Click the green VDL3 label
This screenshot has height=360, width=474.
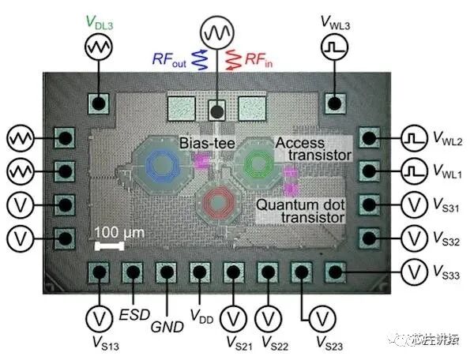tap(100, 22)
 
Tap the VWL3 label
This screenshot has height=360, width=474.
tap(337, 22)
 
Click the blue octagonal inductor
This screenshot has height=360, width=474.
tap(162, 164)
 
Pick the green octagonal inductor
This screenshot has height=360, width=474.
tap(257, 163)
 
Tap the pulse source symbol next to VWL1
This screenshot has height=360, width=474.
tap(413, 171)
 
